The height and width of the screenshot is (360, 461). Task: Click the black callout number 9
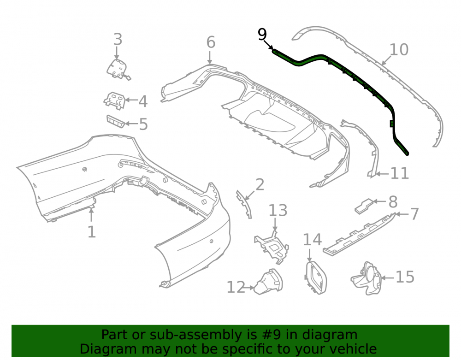262,35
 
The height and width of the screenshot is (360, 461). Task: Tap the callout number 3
118,39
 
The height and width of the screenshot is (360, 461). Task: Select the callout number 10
399,49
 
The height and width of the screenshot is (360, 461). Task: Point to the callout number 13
278,210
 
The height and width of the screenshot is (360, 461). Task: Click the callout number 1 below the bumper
92,232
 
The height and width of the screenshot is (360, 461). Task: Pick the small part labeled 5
116,121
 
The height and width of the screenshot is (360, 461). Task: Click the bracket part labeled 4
114,100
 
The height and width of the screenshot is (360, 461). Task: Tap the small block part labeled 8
364,206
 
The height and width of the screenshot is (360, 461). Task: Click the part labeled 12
269,282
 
